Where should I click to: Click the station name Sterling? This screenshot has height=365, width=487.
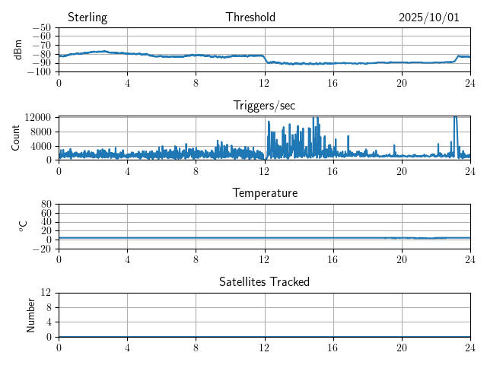coord(87,17)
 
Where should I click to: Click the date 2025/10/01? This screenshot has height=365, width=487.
coord(429,17)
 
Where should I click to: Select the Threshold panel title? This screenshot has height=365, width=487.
coord(250,17)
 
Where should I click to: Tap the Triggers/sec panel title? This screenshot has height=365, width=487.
coord(264,105)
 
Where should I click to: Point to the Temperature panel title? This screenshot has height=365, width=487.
coord(265,193)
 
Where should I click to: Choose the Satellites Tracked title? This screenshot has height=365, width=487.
coord(264,281)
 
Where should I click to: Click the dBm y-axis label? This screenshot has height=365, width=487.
coord(18,49)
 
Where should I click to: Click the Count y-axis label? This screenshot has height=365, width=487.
coord(16,138)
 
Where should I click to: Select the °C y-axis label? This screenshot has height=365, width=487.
coord(23,226)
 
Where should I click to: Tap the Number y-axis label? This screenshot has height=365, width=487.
coord(31,314)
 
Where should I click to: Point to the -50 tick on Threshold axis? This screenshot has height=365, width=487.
coord(42,28)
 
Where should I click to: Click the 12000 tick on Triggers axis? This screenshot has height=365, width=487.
coord(37,117)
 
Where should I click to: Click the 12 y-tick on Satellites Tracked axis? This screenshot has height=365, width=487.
coord(46,293)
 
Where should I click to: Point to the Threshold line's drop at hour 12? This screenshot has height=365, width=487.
coord(266,59)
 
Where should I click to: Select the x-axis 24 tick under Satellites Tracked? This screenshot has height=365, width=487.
coord(470,346)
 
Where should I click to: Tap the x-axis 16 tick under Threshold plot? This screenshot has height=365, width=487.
coord(333,81)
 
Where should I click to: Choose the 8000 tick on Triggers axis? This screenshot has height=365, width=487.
coord(40,131)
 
